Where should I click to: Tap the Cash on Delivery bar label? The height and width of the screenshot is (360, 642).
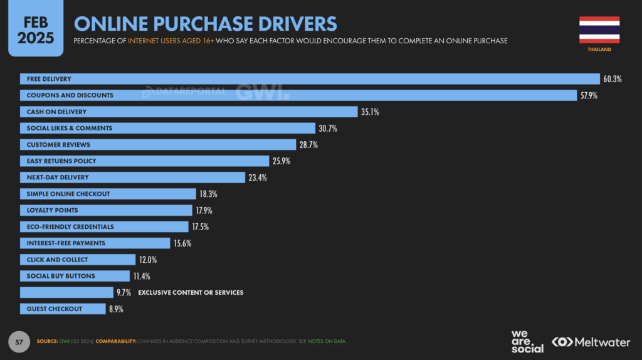click(x=56, y=112)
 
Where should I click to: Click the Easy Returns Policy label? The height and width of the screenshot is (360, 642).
click(x=61, y=161)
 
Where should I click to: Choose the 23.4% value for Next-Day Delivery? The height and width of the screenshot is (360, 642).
click(x=258, y=177)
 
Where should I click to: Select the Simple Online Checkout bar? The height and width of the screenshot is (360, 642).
click(x=107, y=194)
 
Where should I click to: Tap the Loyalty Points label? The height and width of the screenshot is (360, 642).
click(x=52, y=210)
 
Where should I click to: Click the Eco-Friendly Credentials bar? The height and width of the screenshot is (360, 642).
click(x=104, y=226)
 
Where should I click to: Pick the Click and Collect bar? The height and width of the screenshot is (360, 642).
click(x=78, y=260)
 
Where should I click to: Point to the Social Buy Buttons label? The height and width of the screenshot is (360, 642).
click(x=61, y=276)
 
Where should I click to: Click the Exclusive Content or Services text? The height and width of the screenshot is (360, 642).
click(x=190, y=292)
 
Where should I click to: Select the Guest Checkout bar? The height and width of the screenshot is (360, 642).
click(x=63, y=309)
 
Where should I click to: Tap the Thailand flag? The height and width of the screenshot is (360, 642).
click(x=599, y=29)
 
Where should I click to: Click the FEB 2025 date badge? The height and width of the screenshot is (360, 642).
click(x=36, y=29)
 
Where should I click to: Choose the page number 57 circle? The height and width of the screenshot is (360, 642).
click(x=19, y=342)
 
